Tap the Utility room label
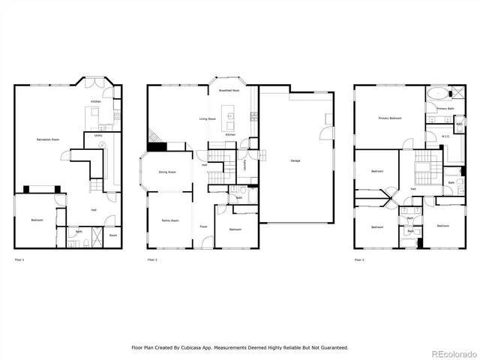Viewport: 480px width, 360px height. tap(98, 136)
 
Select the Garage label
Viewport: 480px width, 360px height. tap(295, 160)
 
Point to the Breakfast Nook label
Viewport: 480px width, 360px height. tap(229, 91)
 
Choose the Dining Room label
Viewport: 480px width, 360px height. tap(167, 172)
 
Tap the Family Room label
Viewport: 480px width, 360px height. tap(170, 220)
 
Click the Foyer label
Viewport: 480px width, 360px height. tap(203, 226)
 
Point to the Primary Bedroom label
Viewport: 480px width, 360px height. tap(389, 118)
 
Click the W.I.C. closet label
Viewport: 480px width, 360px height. tap(445, 136)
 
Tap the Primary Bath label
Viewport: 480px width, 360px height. tap(445, 109)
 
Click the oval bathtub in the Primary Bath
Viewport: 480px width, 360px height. tap(436, 95)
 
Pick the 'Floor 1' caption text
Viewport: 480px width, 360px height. tap(19, 259)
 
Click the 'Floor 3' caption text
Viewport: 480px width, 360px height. tap(360, 259)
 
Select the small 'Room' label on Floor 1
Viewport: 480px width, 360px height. tap(112, 235)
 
